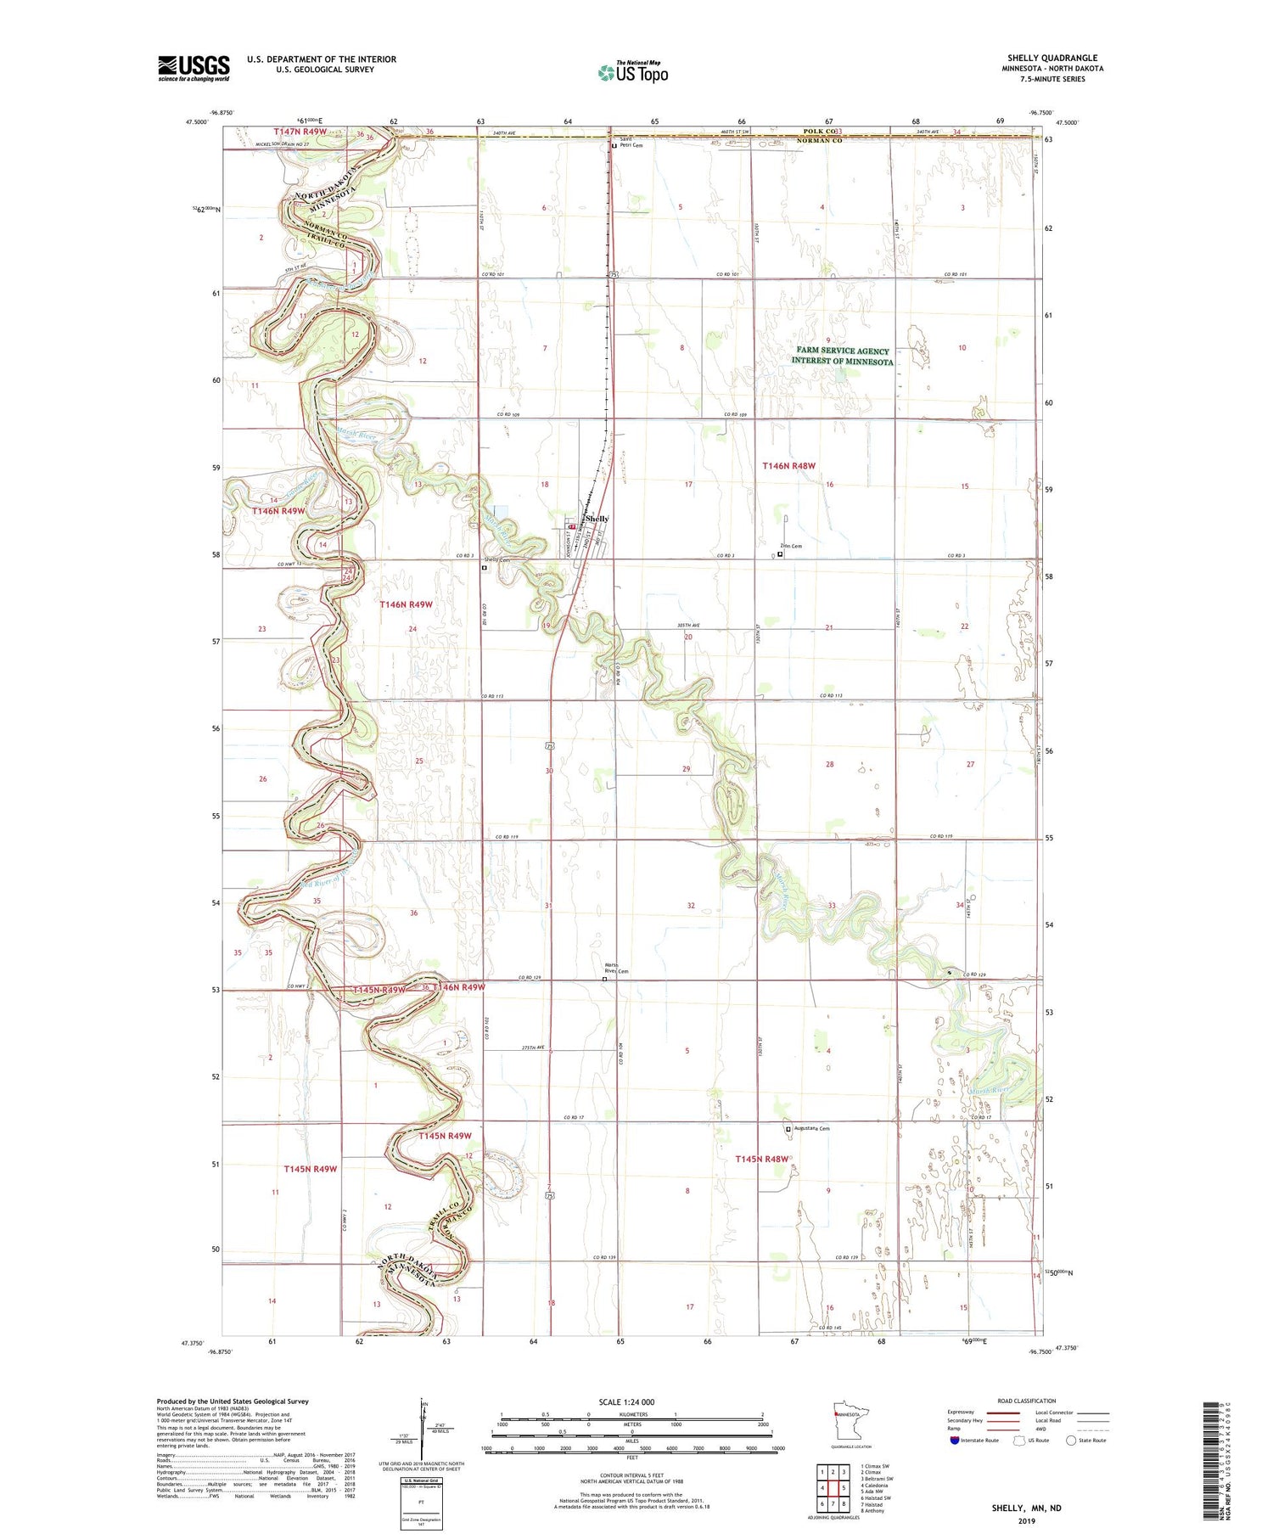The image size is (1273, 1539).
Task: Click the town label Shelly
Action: [x=597, y=519]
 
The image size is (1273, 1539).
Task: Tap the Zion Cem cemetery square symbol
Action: [x=781, y=554]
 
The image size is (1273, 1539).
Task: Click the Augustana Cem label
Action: [x=810, y=1128]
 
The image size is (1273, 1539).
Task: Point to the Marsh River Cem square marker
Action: [x=605, y=979]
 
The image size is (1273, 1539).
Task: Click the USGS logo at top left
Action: [x=193, y=68]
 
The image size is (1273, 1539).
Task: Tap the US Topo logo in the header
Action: [x=632, y=72]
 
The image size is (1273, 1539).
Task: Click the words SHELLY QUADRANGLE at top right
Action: [x=1051, y=58]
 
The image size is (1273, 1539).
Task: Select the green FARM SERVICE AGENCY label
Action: [x=842, y=351]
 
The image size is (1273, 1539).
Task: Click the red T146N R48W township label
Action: [x=788, y=466]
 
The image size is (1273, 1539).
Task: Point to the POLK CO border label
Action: [x=818, y=132]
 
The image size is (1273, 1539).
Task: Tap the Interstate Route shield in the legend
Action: [x=954, y=1440]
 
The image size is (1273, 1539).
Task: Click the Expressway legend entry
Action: [x=961, y=1413]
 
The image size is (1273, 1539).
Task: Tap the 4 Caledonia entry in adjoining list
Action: [x=879, y=1486]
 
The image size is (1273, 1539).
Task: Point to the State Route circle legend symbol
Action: [x=1071, y=1440]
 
